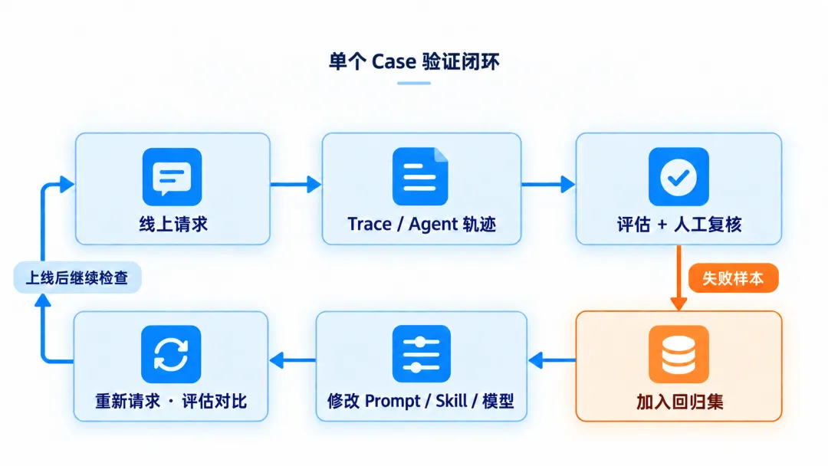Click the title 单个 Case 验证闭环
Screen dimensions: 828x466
(414, 62)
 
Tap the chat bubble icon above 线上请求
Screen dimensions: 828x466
(172, 177)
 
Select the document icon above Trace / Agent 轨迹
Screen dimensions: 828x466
(420, 176)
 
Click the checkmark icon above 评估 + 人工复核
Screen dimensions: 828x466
(678, 177)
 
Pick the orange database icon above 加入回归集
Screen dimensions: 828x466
(678, 354)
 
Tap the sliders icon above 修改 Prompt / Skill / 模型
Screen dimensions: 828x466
(422, 353)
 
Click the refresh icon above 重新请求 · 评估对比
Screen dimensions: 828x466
(171, 354)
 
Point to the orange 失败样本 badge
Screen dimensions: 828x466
(734, 278)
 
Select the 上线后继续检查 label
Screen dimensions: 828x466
(77, 277)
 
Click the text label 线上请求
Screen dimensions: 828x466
(173, 225)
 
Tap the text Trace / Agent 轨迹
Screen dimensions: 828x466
(422, 225)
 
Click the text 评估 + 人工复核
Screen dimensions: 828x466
(679, 225)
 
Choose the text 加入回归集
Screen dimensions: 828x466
(679, 402)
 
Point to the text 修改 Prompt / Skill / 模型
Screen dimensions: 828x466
(420, 401)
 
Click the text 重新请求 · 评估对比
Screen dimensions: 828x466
(171, 401)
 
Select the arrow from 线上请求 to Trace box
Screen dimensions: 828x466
(296, 184)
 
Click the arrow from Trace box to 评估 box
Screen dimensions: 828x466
(548, 184)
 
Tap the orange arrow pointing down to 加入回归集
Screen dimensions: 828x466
(678, 278)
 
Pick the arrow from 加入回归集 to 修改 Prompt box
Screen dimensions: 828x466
(552, 360)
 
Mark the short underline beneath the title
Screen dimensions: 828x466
(414, 83)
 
